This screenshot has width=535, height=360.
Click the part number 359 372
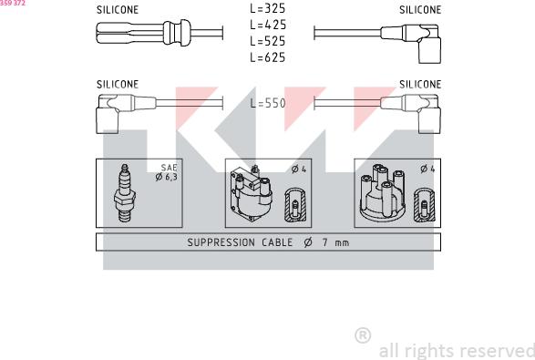[x=13, y=3]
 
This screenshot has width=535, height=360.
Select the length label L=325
[x=268, y=8]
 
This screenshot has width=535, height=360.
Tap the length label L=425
[x=268, y=25]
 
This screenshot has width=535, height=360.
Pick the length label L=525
[x=268, y=41]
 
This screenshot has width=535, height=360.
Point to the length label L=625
[x=268, y=57]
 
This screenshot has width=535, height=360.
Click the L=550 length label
[x=268, y=103]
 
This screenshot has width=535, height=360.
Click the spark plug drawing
[x=125, y=193]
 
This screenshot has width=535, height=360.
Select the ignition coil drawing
[x=252, y=194]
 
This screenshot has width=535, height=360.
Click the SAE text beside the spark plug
[x=170, y=168]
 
